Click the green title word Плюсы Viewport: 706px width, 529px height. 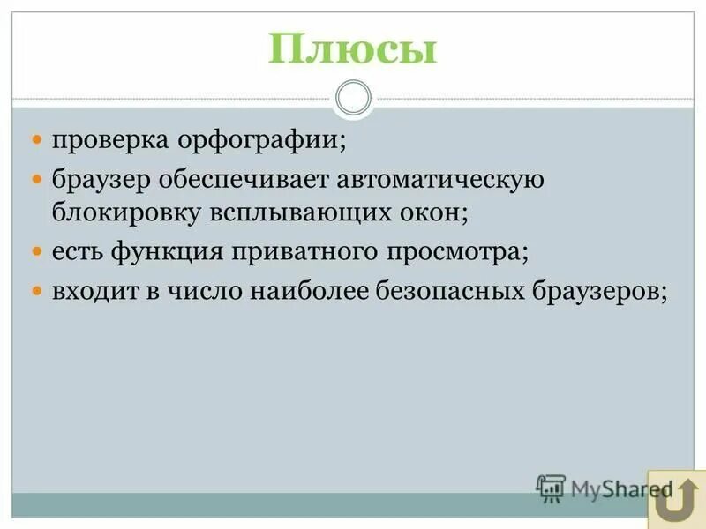tap(353, 49)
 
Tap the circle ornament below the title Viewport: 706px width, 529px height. tap(354, 98)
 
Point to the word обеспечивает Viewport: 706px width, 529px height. tap(245, 179)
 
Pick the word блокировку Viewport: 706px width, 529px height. tap(124, 213)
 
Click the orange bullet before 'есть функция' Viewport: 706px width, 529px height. tap(37, 252)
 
